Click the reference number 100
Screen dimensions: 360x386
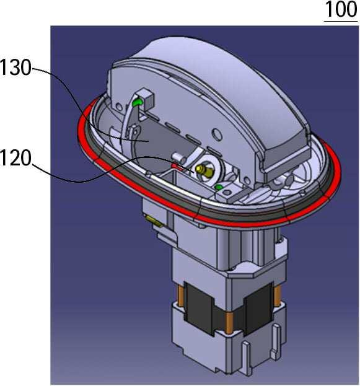(x=341, y=9)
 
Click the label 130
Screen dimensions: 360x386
(x=15, y=67)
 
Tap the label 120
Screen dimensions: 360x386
(x=15, y=158)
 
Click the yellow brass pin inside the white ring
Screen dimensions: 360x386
(x=204, y=170)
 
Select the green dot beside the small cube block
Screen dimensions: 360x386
(x=137, y=102)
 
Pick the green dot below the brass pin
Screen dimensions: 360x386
(x=219, y=188)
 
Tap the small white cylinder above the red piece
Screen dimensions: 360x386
(x=179, y=157)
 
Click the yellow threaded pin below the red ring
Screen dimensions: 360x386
(x=154, y=220)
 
